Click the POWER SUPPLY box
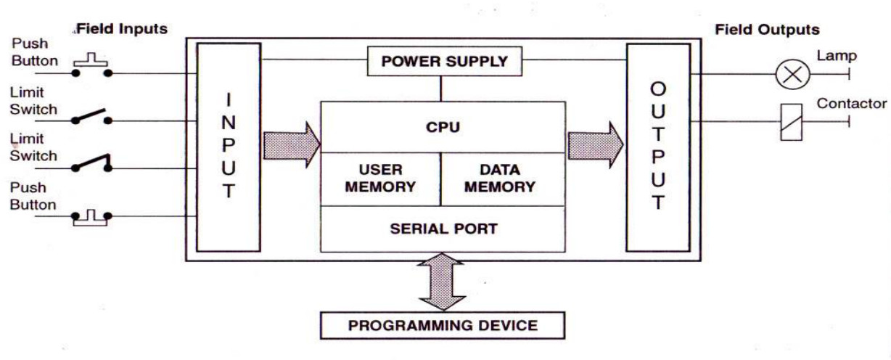click(x=444, y=61)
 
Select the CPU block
click(x=443, y=127)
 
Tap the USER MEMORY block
click(x=380, y=179)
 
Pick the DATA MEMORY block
click(x=503, y=179)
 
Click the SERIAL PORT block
click(x=443, y=229)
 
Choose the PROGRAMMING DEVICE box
click(x=443, y=325)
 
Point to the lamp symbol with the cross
click(x=792, y=74)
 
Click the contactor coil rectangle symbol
click(x=791, y=122)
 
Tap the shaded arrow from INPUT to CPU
click(x=292, y=145)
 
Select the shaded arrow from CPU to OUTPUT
click(x=596, y=145)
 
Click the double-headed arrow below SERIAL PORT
click(x=442, y=281)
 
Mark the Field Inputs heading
click(x=122, y=29)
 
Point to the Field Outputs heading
click(x=767, y=30)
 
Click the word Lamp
click(x=837, y=56)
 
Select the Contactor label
click(x=852, y=103)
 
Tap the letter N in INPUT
click(x=229, y=123)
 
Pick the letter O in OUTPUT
click(x=658, y=89)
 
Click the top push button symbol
click(x=91, y=65)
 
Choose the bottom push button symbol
click(x=91, y=218)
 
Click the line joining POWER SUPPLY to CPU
click(x=440, y=89)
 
